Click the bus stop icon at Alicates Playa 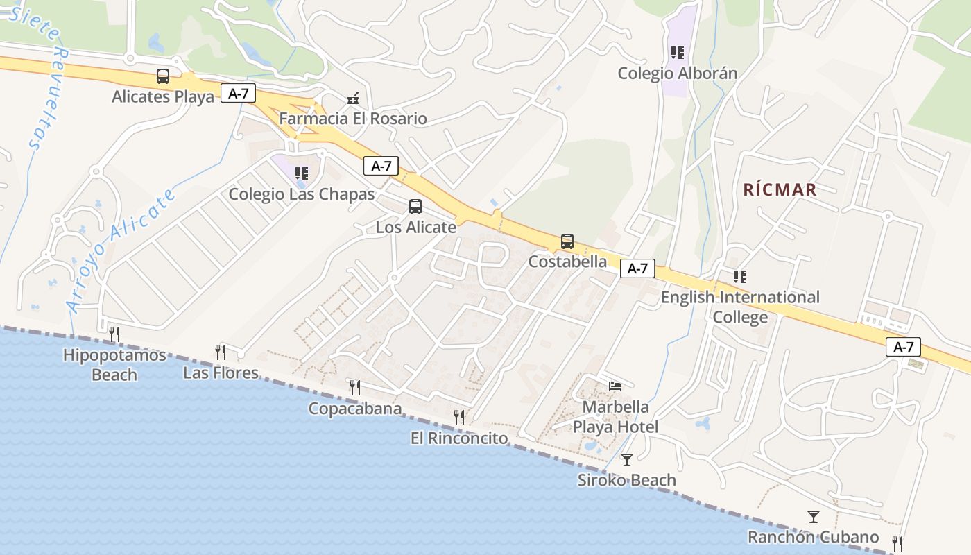163,76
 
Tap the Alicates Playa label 163,96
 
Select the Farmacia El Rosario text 353,119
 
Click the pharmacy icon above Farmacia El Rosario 353,99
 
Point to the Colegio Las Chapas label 302,194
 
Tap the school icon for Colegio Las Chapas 301,173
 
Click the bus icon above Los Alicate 415,206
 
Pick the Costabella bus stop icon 567,241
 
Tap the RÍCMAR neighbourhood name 780,189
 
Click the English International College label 740,307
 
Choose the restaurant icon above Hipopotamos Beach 114,334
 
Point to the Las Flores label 221,373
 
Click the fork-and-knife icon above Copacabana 355,388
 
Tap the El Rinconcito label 459,438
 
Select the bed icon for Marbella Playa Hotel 615,386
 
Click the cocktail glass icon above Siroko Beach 627,459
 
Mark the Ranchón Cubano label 813,537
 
